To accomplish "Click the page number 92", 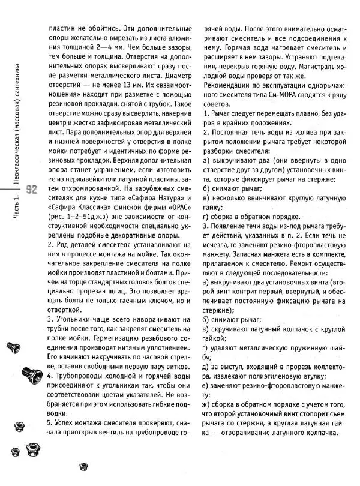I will tap(31, 190).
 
